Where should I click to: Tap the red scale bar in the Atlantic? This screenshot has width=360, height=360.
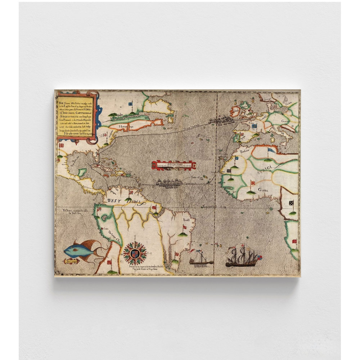coord(174,165)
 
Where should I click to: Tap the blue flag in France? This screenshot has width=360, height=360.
coord(254,126)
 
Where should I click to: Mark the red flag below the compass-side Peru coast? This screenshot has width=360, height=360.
coord(109,262)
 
